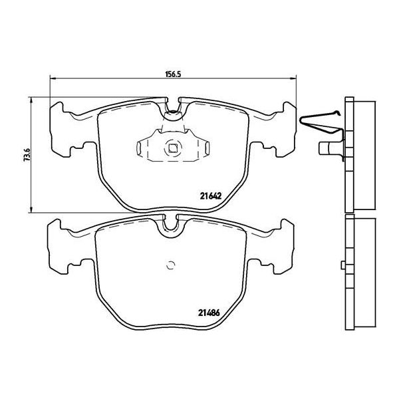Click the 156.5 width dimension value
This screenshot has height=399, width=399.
(173, 74)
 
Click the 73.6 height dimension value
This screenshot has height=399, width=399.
(27, 154)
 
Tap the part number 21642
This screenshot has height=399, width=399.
(211, 196)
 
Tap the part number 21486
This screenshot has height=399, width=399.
(209, 313)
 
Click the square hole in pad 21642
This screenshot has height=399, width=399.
(173, 148)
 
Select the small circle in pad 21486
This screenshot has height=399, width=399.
(170, 265)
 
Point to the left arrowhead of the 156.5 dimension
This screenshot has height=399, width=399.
(53, 78)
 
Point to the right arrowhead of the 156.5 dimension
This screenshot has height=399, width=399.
(294, 78)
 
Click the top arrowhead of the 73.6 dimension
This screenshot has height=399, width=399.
(31, 100)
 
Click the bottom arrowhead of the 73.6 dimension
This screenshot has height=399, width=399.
(31, 209)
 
